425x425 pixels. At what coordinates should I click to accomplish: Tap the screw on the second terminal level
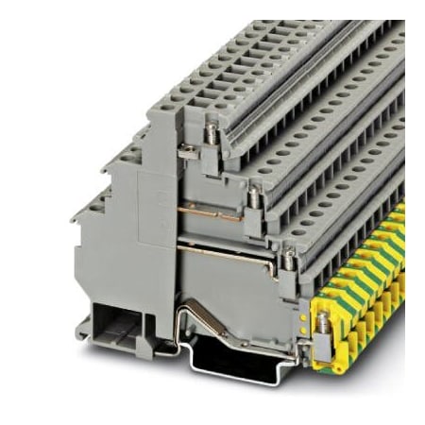[x=252, y=196]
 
